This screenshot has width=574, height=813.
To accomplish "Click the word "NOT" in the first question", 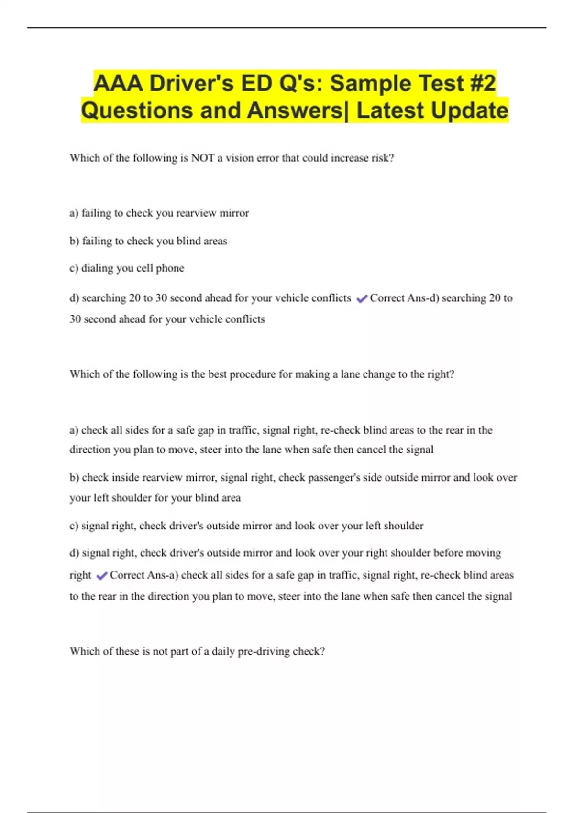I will pyautogui.click(x=203, y=158).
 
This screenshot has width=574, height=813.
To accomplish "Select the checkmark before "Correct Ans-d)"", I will pyautogui.click(x=362, y=299).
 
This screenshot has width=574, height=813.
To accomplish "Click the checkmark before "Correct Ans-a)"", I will pyautogui.click(x=101, y=576).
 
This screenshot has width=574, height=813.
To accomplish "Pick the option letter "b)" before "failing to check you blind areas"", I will pyautogui.click(x=74, y=241).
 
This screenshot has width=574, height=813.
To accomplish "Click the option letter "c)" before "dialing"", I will pyautogui.click(x=74, y=268).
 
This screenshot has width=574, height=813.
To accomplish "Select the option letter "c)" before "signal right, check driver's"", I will pyautogui.click(x=74, y=526).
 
